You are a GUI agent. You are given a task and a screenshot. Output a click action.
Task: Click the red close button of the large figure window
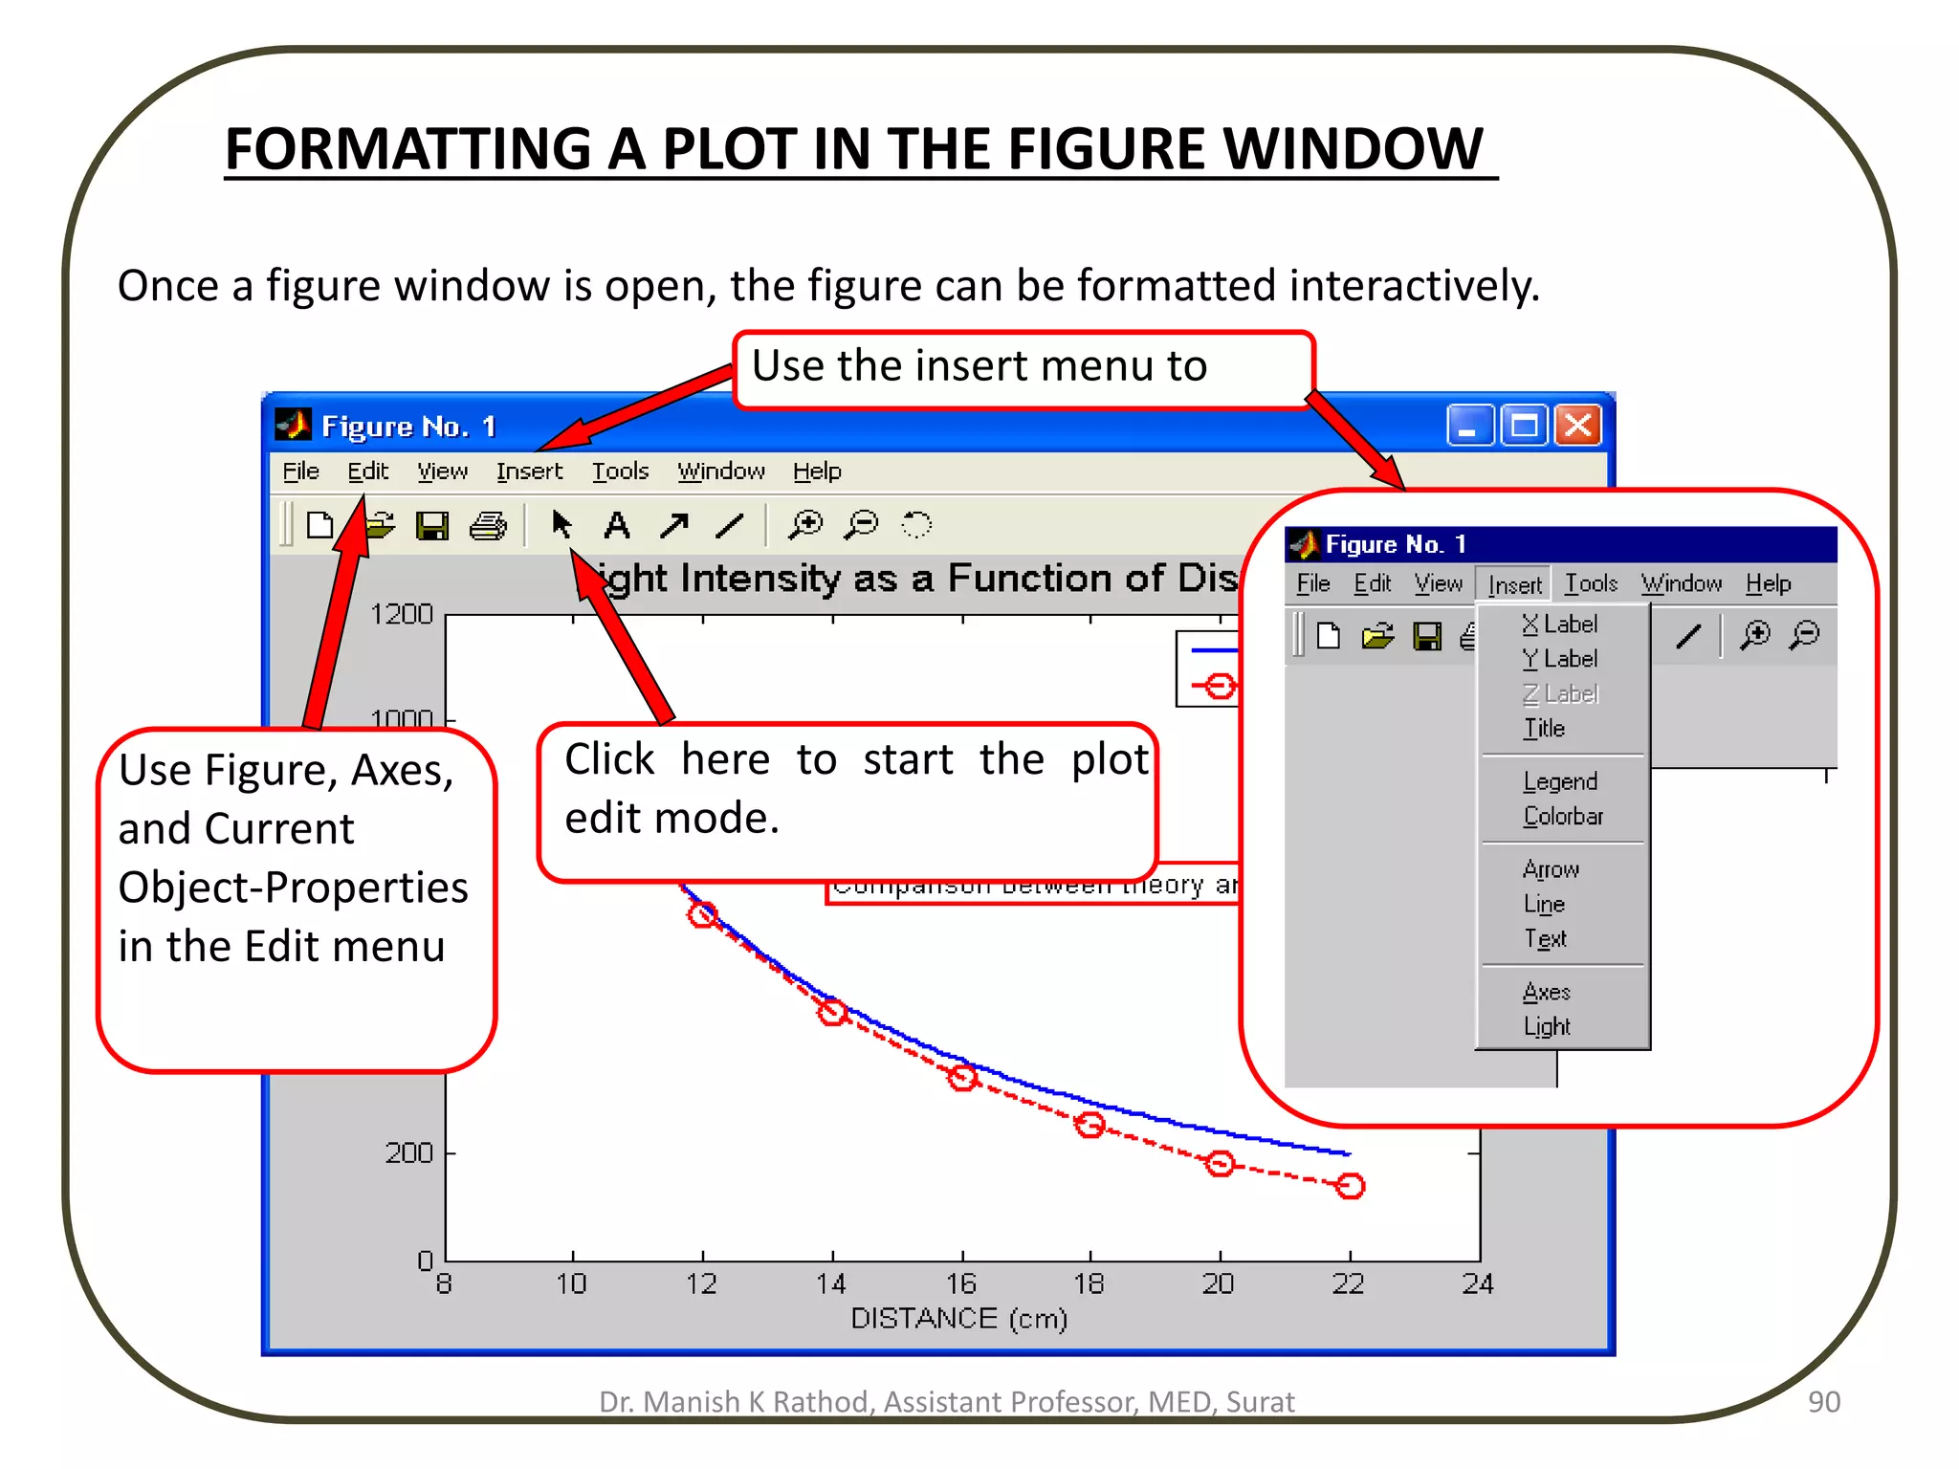1578,425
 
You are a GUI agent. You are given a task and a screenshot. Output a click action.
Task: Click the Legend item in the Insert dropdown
1560,781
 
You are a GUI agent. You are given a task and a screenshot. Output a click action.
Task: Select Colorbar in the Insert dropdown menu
1563,816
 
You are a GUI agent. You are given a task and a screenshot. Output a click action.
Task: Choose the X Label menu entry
1559,625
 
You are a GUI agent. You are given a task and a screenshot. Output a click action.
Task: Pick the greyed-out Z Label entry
1559,693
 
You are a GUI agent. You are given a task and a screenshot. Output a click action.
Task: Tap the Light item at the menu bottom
1547,1026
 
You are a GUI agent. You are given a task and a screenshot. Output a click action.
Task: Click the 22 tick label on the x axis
1348,1283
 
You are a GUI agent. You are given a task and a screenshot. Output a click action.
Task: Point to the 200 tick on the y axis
409,1153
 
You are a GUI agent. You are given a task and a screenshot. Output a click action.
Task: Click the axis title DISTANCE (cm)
958,1319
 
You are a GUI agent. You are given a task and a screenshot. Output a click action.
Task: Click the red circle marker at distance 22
1350,1186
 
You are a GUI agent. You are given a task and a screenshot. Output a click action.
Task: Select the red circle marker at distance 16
962,1077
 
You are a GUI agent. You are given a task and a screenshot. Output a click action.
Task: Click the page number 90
1823,1401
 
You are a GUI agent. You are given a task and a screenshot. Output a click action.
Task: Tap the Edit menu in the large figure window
367,471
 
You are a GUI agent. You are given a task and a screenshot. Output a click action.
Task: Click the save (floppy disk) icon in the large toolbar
432,525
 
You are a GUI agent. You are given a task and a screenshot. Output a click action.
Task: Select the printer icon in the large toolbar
488,525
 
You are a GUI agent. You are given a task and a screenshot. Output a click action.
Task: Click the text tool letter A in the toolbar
617,525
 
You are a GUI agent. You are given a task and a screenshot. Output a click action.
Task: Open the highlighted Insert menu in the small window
1514,584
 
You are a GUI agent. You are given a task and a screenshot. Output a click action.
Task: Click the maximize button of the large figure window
1524,425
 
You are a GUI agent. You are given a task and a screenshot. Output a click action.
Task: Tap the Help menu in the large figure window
816,471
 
